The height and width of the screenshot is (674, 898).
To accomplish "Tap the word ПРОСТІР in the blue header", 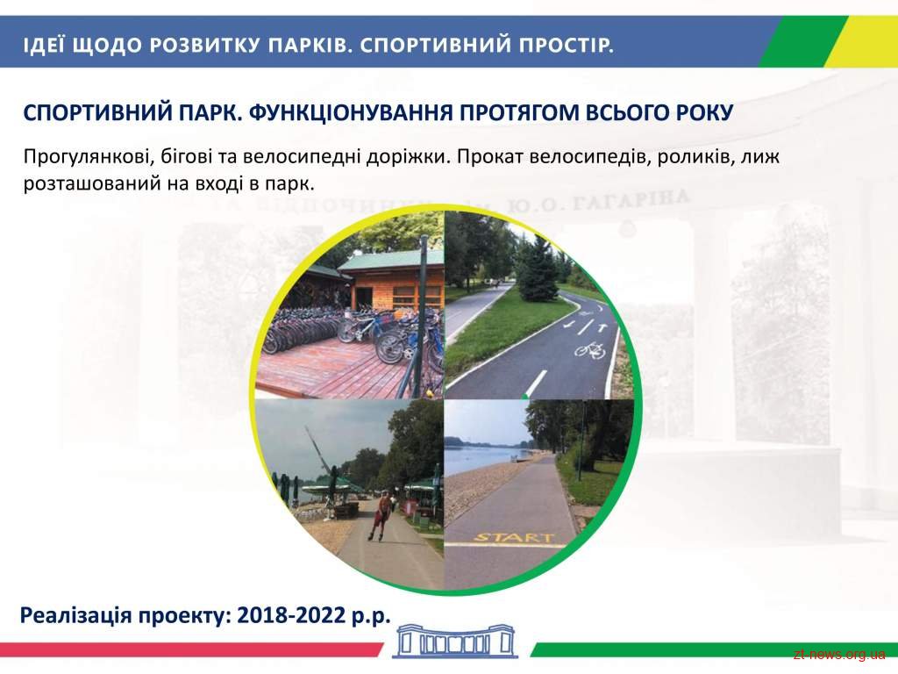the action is coord(567,45).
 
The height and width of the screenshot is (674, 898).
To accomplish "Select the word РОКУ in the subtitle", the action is coord(705,112).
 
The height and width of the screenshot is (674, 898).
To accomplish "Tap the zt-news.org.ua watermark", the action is coord(839,654).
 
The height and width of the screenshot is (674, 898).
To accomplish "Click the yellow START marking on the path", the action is coord(515,537).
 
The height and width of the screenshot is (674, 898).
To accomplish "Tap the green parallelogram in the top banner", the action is coord(802,41).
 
